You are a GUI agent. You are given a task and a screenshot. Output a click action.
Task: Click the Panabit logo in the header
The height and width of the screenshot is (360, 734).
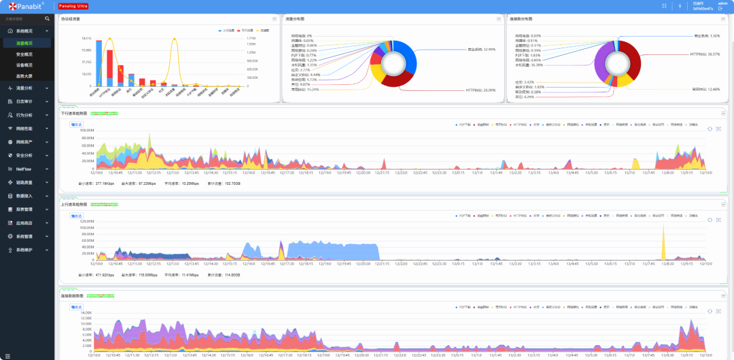(24, 5)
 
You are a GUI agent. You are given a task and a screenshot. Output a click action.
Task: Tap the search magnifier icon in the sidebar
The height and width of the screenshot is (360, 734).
(46, 19)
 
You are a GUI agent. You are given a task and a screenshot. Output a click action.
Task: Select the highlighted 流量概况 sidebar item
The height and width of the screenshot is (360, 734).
(24, 43)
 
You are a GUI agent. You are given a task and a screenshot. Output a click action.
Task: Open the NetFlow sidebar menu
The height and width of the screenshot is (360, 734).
(24, 168)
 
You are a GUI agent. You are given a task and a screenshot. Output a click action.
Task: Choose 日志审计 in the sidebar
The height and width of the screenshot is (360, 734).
(24, 101)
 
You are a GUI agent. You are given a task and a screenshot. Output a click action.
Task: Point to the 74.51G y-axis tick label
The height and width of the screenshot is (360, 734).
(86, 38)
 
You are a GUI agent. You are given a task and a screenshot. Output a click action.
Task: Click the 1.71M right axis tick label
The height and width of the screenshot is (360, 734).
(251, 38)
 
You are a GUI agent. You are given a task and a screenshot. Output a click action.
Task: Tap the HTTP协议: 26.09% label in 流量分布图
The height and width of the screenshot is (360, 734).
(480, 90)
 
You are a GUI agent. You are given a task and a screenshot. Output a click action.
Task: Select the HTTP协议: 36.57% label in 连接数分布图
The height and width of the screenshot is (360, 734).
(705, 54)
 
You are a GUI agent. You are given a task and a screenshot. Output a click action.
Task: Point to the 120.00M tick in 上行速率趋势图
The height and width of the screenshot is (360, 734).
(86, 221)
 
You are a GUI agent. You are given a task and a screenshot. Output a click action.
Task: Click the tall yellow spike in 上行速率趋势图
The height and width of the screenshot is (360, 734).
(663, 241)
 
